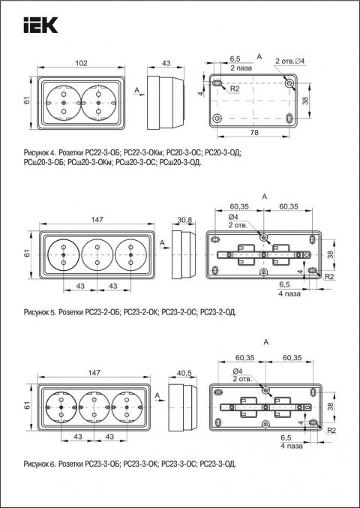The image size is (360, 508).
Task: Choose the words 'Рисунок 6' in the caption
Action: [x=38, y=463]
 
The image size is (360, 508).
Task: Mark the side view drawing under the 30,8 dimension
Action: [x=178, y=254]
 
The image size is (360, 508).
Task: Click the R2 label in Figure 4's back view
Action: [x=234, y=89]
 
